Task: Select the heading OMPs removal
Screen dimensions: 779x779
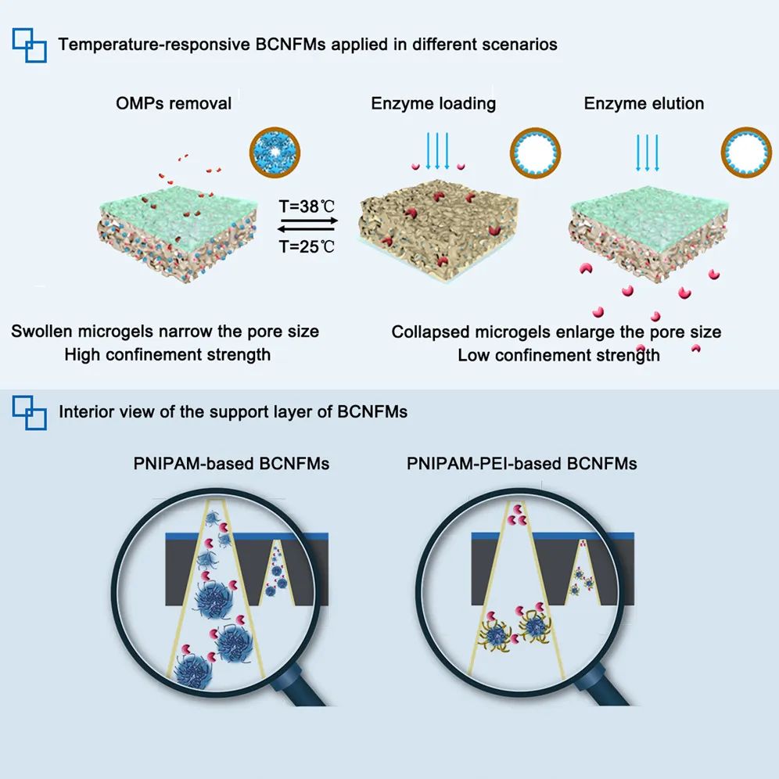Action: click(174, 103)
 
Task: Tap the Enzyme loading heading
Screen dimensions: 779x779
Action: click(433, 103)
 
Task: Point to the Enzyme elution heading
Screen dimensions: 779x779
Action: click(644, 103)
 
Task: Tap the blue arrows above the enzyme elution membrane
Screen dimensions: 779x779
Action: click(648, 149)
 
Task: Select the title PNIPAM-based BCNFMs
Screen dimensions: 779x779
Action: click(232, 464)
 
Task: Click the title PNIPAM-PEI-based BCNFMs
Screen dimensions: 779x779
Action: click(522, 464)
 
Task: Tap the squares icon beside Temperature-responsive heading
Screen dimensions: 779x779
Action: click(29, 44)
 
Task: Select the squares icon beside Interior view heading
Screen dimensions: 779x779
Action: click(29, 411)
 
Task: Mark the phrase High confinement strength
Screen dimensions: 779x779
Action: click(167, 355)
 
